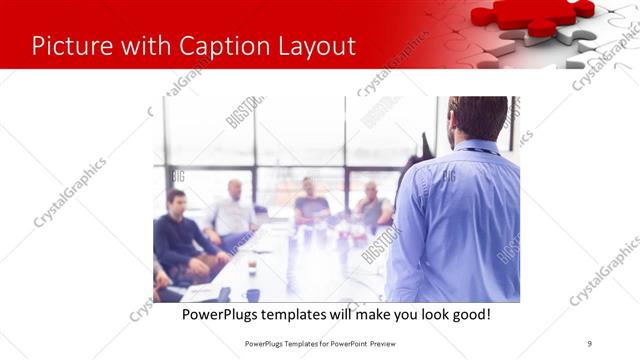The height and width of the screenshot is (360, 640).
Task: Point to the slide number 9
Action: (590, 343)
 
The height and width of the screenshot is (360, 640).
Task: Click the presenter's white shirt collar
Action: (478, 146)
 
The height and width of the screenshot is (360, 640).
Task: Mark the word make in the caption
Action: (370, 314)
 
